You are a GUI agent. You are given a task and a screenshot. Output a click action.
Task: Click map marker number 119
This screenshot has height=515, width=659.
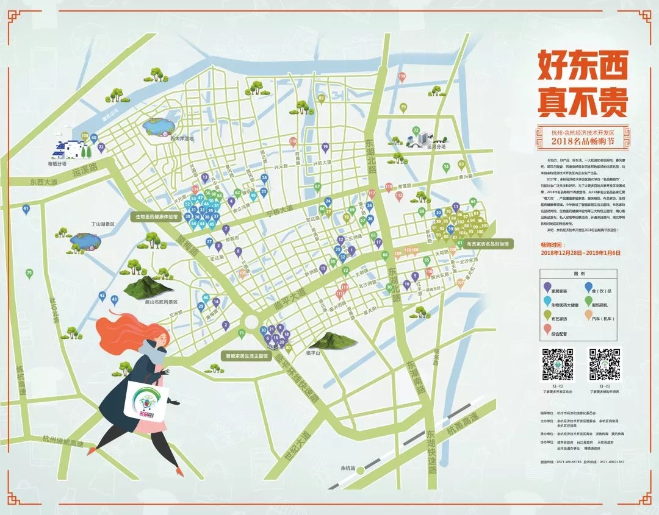(402, 77)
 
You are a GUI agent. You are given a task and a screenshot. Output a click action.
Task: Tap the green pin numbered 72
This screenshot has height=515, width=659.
(416, 130)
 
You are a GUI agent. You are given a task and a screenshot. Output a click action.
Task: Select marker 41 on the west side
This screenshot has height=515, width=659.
(26, 209)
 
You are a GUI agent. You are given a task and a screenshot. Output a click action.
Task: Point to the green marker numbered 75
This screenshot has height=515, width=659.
(29, 273)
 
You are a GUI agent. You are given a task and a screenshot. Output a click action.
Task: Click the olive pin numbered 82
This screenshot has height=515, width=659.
(322, 98)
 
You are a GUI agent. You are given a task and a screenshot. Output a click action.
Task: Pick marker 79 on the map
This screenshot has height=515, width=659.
(403, 107)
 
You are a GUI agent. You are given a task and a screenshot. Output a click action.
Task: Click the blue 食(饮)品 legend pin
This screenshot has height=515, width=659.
(588, 286)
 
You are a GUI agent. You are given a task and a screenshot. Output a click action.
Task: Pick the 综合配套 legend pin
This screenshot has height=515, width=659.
(547, 330)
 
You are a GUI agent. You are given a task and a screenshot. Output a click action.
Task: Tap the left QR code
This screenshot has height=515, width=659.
(558, 364)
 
